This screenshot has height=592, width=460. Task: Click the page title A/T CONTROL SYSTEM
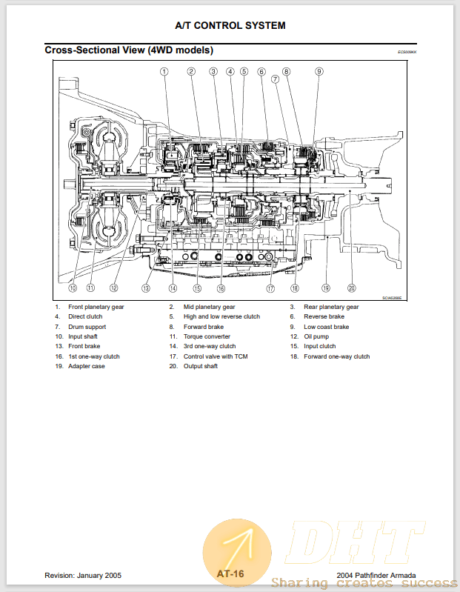point(230,25)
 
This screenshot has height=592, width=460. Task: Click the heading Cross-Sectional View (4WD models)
point(129,50)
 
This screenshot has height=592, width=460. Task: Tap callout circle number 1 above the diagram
point(164,72)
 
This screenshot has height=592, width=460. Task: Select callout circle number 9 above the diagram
point(319,72)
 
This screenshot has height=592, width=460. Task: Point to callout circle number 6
point(261,72)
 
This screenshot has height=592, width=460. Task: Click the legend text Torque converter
point(207,336)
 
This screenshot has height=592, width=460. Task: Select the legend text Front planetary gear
point(96,307)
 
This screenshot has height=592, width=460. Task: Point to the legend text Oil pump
point(317,336)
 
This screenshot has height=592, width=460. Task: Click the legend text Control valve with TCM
point(216,356)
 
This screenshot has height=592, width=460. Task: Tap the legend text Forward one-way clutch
point(336,356)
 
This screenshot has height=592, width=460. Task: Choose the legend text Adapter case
point(87,366)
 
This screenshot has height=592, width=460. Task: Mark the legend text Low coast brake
point(326,327)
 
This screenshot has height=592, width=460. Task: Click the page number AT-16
point(230,573)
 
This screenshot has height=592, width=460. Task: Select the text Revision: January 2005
point(83,575)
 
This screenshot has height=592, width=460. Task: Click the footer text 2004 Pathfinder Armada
point(376,575)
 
